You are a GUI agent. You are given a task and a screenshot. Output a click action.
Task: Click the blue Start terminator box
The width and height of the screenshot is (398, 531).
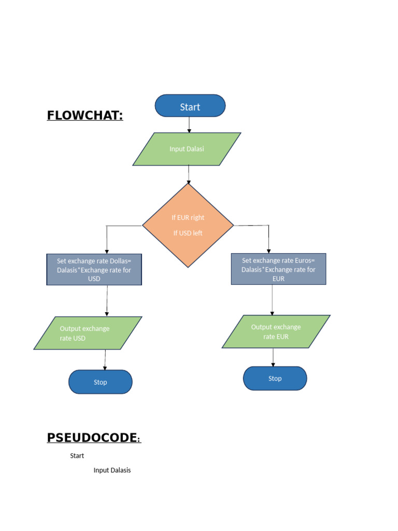(x=190, y=106)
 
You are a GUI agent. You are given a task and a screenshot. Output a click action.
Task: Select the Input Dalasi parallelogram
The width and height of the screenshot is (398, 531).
(x=187, y=149)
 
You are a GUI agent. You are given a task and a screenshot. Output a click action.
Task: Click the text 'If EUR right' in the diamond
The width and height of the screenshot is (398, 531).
(x=188, y=217)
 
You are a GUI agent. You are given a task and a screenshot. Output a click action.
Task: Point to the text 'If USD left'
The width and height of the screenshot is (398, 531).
(x=188, y=233)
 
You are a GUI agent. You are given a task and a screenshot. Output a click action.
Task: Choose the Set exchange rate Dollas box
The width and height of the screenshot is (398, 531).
(x=94, y=269)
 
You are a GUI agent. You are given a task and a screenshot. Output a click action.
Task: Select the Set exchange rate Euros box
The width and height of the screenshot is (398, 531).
(x=278, y=269)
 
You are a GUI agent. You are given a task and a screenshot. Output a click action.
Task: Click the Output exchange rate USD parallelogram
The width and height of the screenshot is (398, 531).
(x=88, y=333)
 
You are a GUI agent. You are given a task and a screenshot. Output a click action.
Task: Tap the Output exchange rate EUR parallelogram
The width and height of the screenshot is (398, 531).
(x=276, y=331)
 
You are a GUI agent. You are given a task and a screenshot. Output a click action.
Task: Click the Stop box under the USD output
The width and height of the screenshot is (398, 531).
(x=101, y=382)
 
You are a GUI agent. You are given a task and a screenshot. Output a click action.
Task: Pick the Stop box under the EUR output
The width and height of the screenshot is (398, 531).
(x=275, y=379)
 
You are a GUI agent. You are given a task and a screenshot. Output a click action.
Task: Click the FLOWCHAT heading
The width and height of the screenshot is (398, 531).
(x=85, y=115)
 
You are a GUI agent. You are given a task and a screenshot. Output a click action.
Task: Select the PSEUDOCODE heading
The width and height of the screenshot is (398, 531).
(x=93, y=438)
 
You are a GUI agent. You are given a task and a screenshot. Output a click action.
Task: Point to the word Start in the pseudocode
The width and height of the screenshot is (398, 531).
(x=77, y=456)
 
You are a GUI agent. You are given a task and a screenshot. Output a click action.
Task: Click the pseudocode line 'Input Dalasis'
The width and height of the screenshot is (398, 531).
(x=112, y=470)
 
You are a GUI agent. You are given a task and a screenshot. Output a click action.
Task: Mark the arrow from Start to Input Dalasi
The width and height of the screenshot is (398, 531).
(x=189, y=124)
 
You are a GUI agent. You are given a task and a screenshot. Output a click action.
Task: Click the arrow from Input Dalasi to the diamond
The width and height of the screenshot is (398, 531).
(x=189, y=174)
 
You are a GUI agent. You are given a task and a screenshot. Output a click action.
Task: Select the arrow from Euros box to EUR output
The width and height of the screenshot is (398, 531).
(x=272, y=300)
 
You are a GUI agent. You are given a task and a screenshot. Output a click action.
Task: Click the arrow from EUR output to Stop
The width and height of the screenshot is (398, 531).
(x=273, y=357)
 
